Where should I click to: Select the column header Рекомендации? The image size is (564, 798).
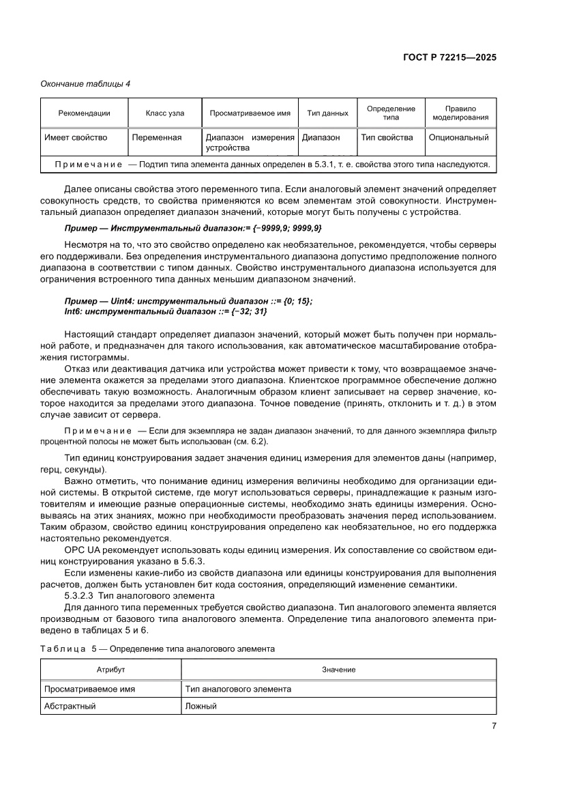point(84,113)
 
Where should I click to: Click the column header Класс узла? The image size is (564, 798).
point(164,113)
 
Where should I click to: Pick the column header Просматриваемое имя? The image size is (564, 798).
point(250,113)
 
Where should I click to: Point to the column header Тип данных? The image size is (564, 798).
point(327,113)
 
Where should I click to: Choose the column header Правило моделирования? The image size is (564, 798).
point(460,113)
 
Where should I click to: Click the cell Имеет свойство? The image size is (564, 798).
point(76,137)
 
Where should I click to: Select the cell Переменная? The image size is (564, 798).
point(157,137)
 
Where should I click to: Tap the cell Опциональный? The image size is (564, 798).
point(458,137)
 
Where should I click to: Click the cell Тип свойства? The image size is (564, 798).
point(387,137)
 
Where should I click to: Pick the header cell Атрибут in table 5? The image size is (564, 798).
point(110,670)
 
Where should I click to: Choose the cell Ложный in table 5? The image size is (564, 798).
point(201,706)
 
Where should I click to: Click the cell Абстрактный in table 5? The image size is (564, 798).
point(69,706)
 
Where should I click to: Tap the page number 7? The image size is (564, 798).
point(493,726)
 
